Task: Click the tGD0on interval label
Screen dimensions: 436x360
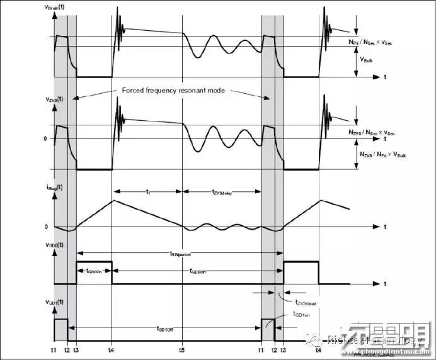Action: [94, 271]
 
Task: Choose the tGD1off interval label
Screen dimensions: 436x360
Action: [168, 328]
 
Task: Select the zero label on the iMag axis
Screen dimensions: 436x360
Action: [47, 226]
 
